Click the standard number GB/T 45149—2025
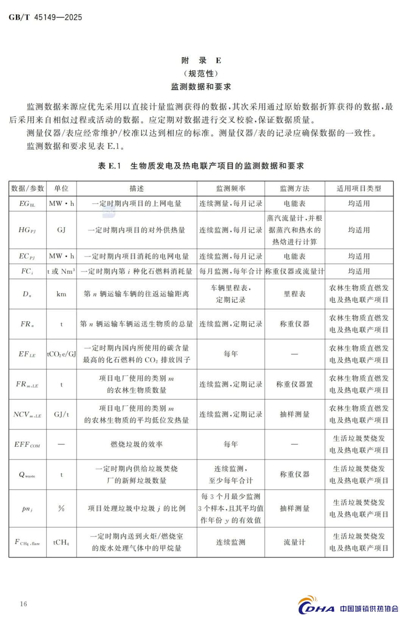[x=45, y=17]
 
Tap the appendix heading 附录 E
[x=201, y=61]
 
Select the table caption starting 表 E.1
[x=201, y=166]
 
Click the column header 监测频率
[x=231, y=189]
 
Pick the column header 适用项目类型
[x=359, y=189]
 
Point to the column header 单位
[x=61, y=189]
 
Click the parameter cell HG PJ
[x=27, y=230]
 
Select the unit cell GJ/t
[x=61, y=414]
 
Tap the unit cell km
[x=61, y=294]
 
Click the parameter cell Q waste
[x=27, y=475]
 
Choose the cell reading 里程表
[x=295, y=294]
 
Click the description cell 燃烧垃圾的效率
[x=137, y=444]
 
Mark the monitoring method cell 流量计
[x=295, y=543]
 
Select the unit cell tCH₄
[x=61, y=543]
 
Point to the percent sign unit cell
[x=61, y=508]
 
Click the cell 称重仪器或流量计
[x=295, y=272]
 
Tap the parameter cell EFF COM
[x=27, y=445]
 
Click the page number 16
[x=23, y=604]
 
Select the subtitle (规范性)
[x=201, y=74]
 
